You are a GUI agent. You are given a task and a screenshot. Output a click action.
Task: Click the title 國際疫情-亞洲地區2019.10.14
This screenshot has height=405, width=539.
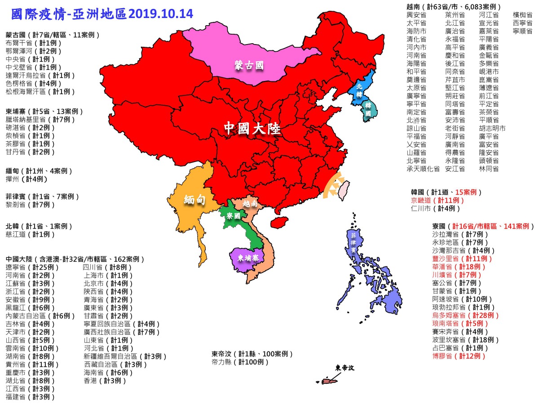(x=102, y=13)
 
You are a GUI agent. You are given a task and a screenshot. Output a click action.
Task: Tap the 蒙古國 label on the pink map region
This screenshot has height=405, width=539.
(x=248, y=66)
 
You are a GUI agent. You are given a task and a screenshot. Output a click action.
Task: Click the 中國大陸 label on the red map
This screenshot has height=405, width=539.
(x=252, y=129)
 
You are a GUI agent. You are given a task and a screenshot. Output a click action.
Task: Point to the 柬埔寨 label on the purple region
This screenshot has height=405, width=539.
(x=248, y=258)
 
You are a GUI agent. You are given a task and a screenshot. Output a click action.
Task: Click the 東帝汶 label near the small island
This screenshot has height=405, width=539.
(x=345, y=368)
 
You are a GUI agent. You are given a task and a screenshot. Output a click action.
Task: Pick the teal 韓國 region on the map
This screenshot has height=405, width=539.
(x=368, y=111)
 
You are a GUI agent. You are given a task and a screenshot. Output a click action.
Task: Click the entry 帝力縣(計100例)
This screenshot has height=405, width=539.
(x=240, y=362)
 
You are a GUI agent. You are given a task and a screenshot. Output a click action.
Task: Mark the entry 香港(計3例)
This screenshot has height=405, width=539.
(x=105, y=381)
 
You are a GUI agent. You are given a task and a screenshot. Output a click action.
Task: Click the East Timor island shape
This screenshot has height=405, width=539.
(x=330, y=381)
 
